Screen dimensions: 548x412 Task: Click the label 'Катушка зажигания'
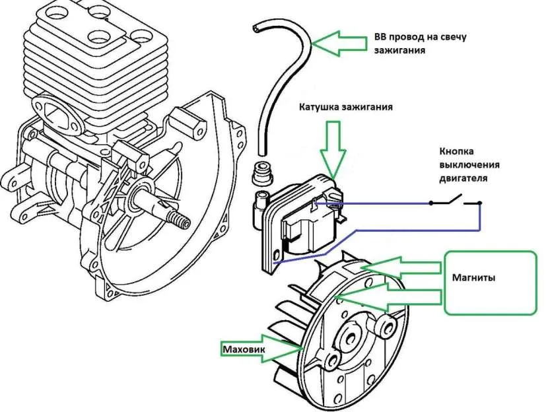point(346,107)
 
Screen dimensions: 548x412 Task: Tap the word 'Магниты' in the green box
point(473,278)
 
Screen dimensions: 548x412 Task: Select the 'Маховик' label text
point(244,349)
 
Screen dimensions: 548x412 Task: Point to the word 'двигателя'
point(463,178)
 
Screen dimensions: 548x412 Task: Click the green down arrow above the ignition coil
point(333,150)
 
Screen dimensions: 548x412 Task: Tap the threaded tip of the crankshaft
point(178,220)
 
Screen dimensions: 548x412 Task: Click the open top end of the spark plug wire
point(257,28)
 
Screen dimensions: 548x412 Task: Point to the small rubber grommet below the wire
point(261,172)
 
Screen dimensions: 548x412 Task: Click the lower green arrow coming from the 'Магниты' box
point(388,297)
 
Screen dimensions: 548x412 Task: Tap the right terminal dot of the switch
point(480,203)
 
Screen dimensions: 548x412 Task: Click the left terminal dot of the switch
point(431,203)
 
